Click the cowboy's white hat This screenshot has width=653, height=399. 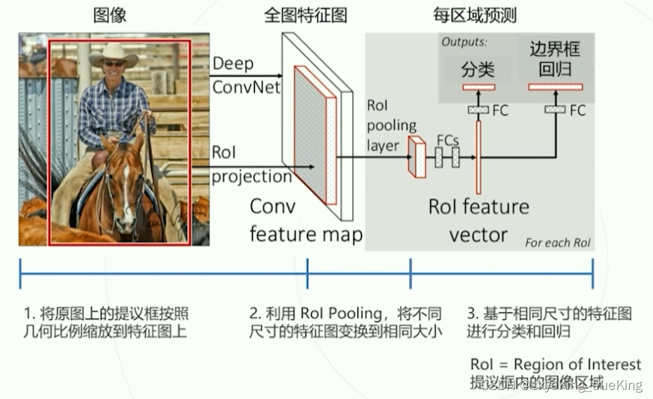114,54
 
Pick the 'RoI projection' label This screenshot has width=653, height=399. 252,165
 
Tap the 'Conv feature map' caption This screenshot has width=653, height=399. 305,220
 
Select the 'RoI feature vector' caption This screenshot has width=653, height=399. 479,220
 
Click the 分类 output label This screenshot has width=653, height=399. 478,69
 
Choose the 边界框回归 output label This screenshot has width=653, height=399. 555,59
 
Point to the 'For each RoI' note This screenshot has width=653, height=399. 557,243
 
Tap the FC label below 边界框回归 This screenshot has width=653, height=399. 577,111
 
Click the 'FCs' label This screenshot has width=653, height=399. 447,139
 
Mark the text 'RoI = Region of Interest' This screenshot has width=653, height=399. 556,364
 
